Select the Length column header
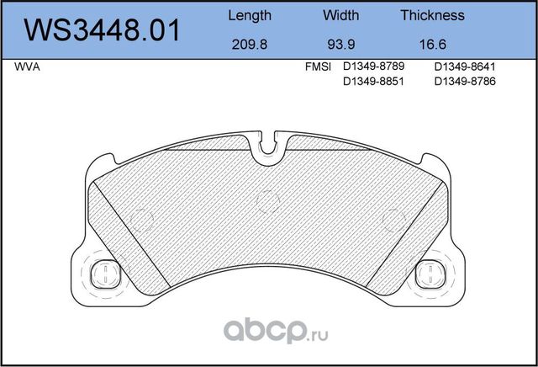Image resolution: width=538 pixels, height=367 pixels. [250, 15]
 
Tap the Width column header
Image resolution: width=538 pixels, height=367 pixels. [340, 15]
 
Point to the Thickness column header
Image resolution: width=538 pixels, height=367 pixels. [432, 15]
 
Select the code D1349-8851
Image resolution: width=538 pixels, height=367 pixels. [375, 81]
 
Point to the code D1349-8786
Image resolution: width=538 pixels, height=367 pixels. [466, 81]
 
